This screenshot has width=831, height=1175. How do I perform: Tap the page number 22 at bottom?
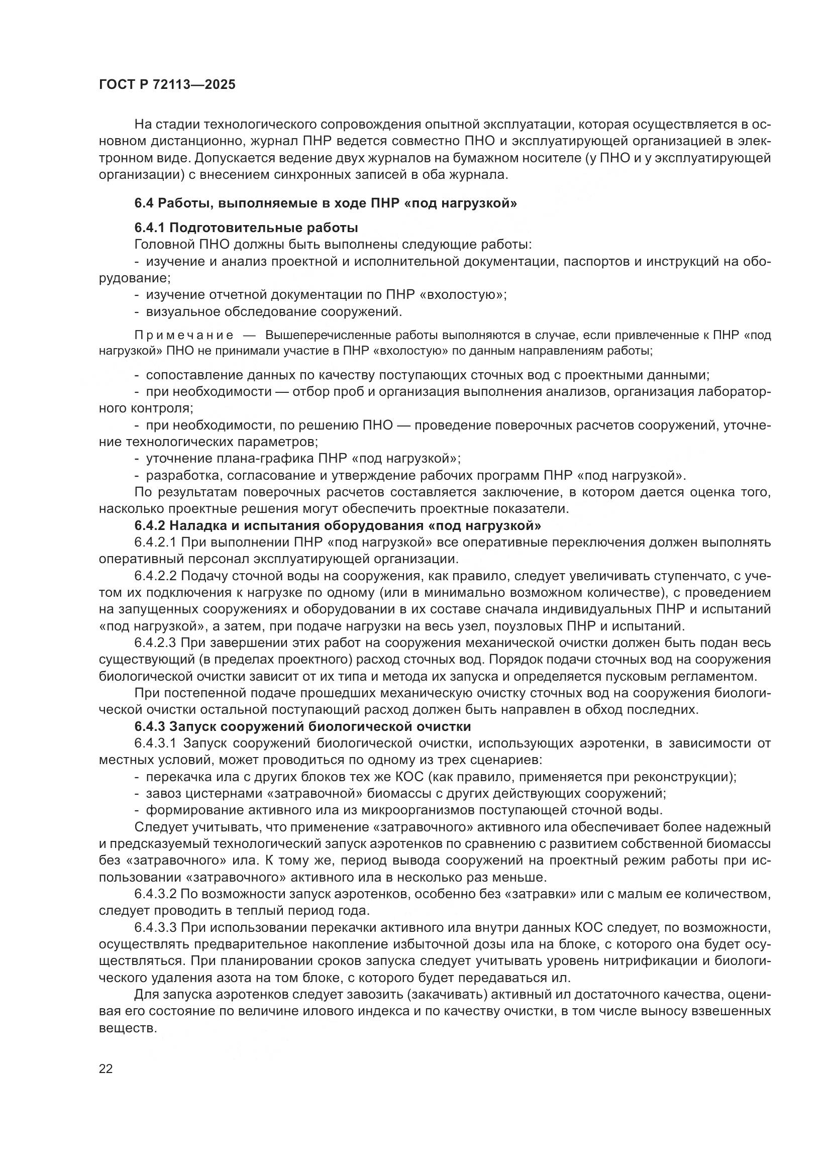coord(106,1069)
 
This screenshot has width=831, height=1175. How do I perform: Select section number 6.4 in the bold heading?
coord(144,203)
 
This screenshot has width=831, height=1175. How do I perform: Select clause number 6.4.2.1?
coord(155,543)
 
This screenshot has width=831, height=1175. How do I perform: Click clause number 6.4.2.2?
coord(155,576)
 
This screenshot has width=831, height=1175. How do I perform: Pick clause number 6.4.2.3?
coord(155,643)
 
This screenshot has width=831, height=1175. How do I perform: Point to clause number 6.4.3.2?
coord(155,894)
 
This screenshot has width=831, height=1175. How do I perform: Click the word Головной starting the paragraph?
coord(164,245)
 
